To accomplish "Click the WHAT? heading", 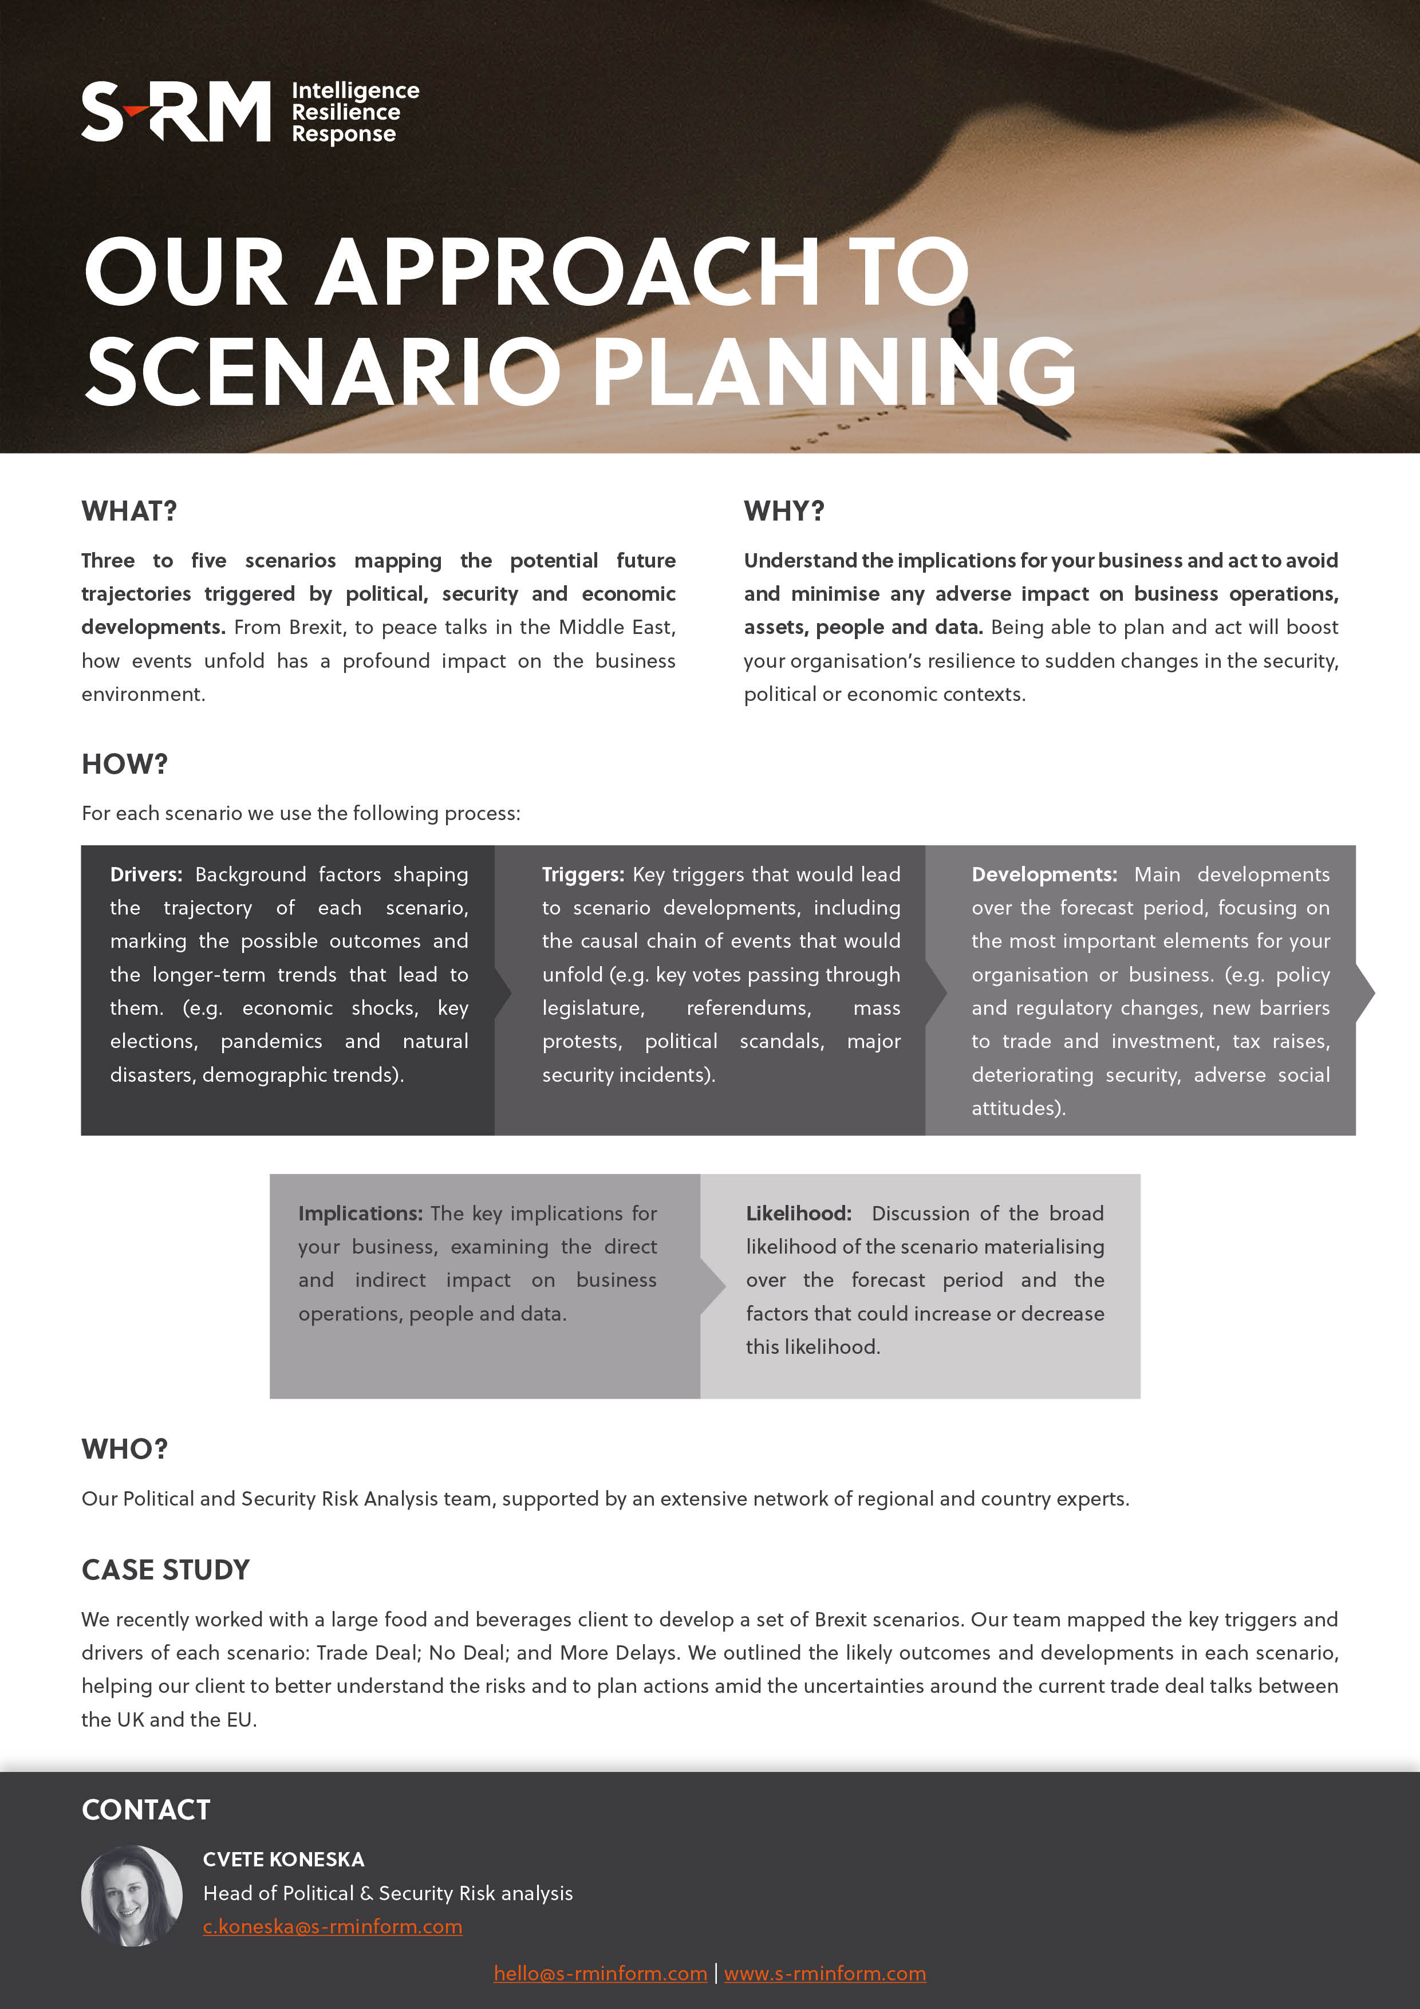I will [129, 511].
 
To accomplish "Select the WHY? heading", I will [784, 511].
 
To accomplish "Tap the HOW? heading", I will [124, 764].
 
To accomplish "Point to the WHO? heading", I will [124, 1449].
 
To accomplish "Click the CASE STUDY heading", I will [165, 1570].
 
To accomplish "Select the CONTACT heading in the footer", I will [146, 1810].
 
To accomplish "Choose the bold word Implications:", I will [360, 1214].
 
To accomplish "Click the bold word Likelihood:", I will [798, 1214].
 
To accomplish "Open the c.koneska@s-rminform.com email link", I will [333, 1926].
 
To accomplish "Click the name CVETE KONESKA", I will [283, 1860].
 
